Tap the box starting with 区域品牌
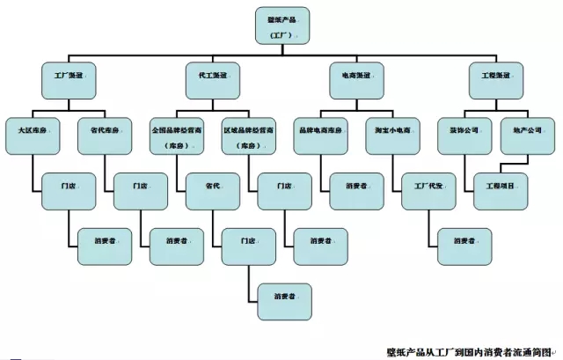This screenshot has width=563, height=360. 248,136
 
